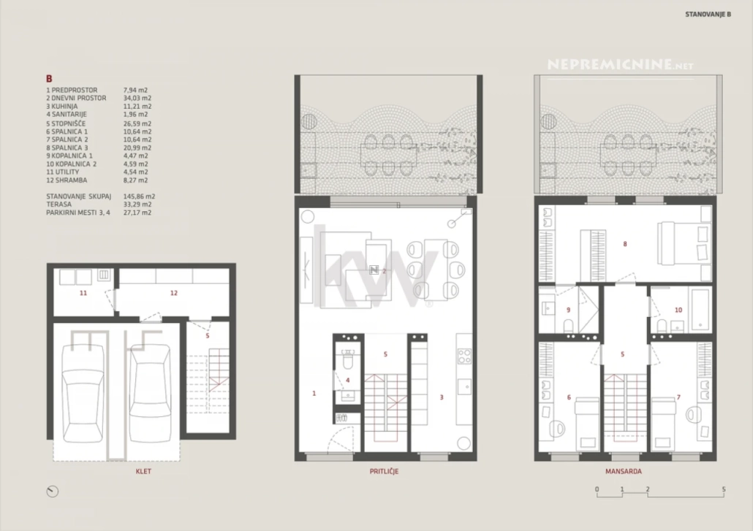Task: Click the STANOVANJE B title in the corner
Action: (x=708, y=15)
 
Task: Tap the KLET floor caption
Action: (x=143, y=472)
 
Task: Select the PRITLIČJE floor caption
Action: (x=384, y=472)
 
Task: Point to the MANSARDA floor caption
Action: (x=624, y=472)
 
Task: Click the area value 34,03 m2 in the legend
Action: (x=137, y=99)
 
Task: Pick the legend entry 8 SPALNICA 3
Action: (x=67, y=148)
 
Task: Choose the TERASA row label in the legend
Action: (x=58, y=205)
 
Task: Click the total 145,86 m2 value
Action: (x=139, y=196)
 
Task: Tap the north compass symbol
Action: (x=53, y=491)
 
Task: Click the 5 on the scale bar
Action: (x=724, y=490)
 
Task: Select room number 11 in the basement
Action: (x=83, y=293)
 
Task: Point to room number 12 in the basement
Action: (x=174, y=293)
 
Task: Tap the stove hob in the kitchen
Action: (x=464, y=356)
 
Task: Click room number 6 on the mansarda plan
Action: (x=569, y=397)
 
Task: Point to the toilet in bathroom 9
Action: (x=568, y=326)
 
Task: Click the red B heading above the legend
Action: (x=49, y=79)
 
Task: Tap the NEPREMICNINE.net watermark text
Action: (x=620, y=64)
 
